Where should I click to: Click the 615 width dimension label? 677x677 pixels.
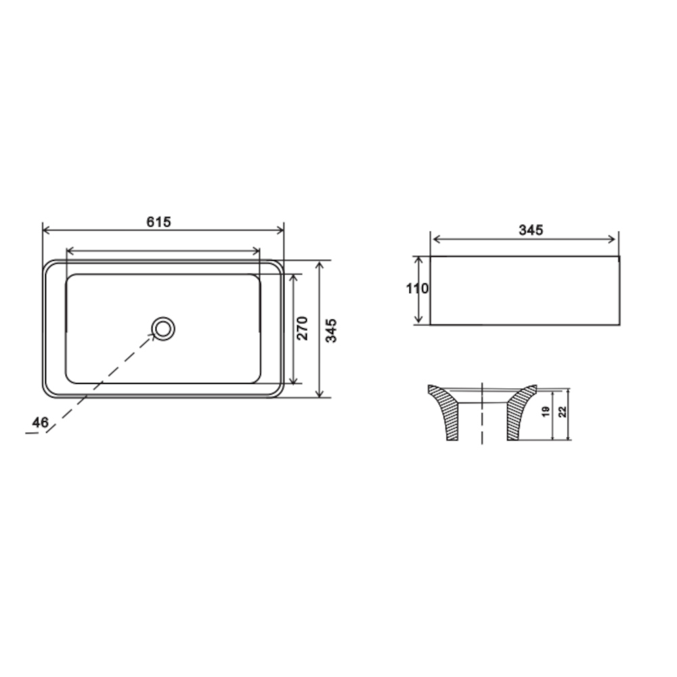click(159, 221)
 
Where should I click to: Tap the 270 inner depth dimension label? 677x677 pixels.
click(303, 328)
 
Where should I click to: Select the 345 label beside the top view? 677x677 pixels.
click(331, 331)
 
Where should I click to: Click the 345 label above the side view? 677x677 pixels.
click(531, 230)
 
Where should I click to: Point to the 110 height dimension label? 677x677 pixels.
click(417, 288)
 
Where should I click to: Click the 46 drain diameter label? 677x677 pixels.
click(40, 422)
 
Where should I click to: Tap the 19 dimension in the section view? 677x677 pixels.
click(546, 412)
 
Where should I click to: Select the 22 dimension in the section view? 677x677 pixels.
click(562, 412)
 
